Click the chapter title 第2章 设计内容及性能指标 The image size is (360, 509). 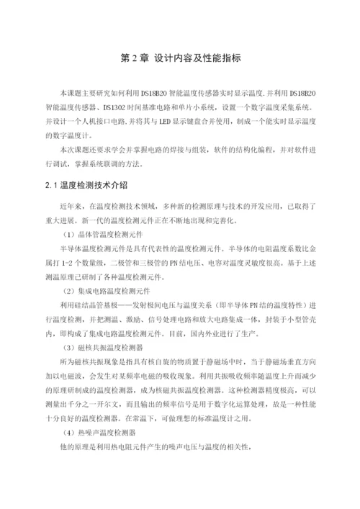pos(180,59)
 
